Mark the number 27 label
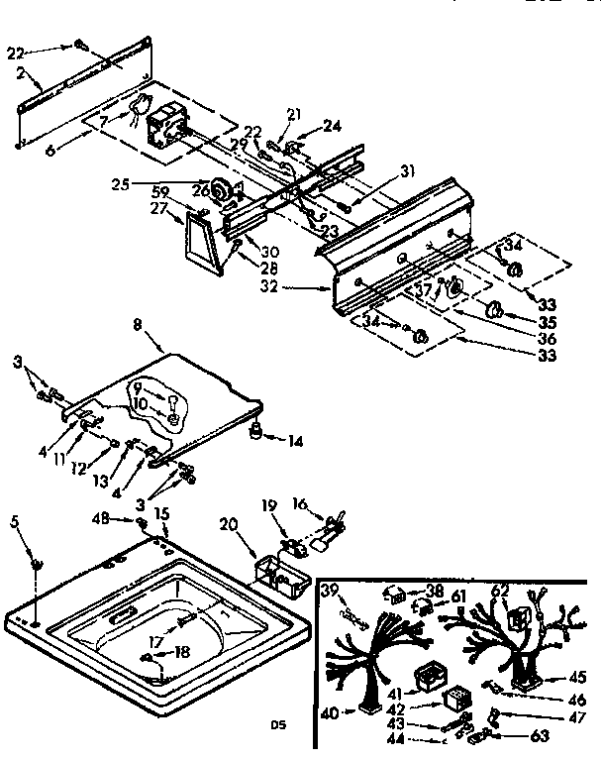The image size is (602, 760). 157,209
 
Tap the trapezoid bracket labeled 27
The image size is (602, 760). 202,243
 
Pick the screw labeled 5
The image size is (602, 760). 38,565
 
